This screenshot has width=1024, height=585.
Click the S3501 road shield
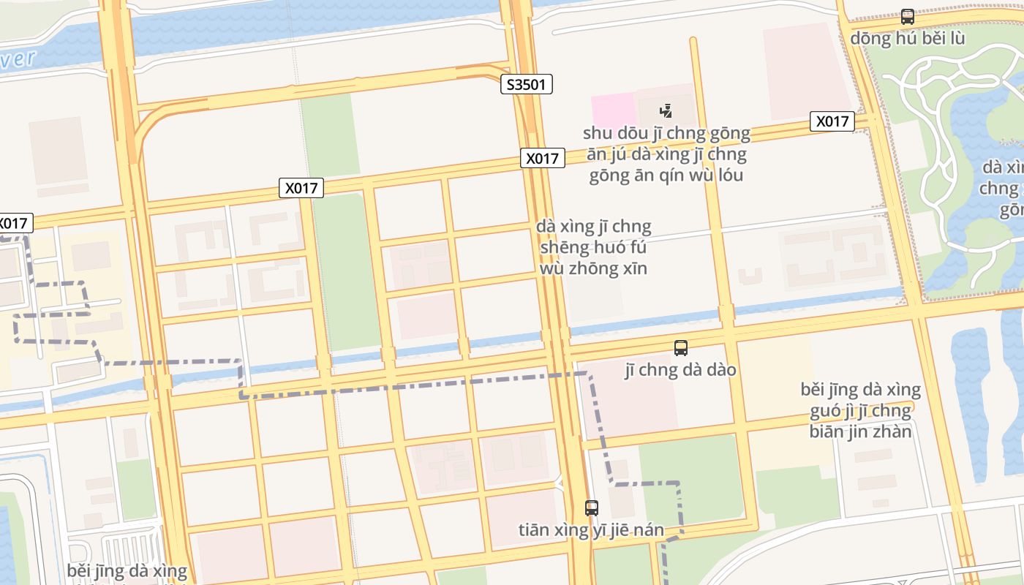click(x=527, y=84)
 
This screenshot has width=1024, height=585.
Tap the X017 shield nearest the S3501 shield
click(x=542, y=158)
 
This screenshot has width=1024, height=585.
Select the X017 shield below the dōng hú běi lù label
click(x=832, y=121)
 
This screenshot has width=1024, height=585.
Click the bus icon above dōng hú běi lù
click(x=907, y=16)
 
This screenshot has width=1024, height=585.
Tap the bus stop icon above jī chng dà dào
click(x=680, y=348)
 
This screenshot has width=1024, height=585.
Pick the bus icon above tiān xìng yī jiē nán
click(x=592, y=507)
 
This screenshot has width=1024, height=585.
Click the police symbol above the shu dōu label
click(x=666, y=111)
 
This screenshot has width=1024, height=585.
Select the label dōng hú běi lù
click(x=907, y=38)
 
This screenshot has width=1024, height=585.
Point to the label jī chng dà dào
click(x=680, y=370)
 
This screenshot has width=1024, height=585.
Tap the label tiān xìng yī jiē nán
click(x=591, y=529)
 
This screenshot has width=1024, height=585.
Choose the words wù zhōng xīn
click(x=593, y=268)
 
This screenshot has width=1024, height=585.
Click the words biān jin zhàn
click(x=860, y=431)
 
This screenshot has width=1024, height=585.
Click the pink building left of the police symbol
click(x=613, y=109)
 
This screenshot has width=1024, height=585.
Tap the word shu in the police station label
click(x=597, y=134)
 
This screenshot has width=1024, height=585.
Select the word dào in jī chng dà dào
click(x=720, y=370)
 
